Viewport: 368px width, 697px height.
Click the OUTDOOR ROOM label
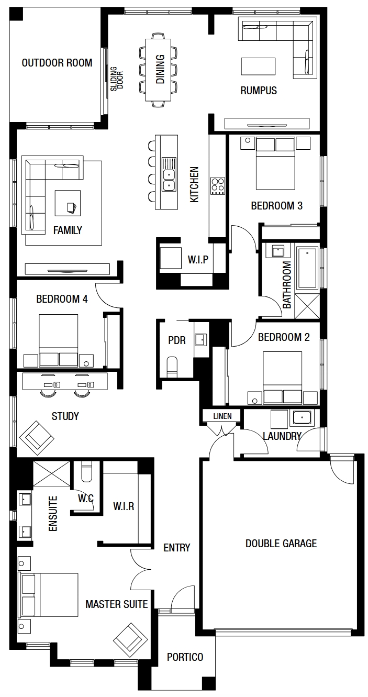tap(57, 63)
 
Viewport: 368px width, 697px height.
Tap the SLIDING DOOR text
tap(117, 79)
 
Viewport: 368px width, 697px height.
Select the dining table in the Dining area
tap(158, 70)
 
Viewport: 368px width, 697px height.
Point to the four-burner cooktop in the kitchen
tap(218, 186)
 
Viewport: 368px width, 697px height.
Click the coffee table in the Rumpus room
tap(258, 67)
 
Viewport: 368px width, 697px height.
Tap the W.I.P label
tap(198, 259)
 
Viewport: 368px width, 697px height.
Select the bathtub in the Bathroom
tap(307, 268)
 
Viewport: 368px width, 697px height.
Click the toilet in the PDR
tap(172, 367)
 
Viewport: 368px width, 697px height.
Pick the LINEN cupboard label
tap(222, 416)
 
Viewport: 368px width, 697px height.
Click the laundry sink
tap(302, 418)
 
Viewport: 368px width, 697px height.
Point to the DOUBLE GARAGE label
tap(281, 543)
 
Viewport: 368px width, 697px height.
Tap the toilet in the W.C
tap(86, 472)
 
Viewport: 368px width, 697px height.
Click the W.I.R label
tap(124, 506)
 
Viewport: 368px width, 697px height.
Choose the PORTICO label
tap(185, 657)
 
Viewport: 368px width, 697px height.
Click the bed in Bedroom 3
tap(275, 164)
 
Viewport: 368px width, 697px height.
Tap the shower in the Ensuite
tap(52, 473)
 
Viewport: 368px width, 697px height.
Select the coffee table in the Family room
tap(68, 203)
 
